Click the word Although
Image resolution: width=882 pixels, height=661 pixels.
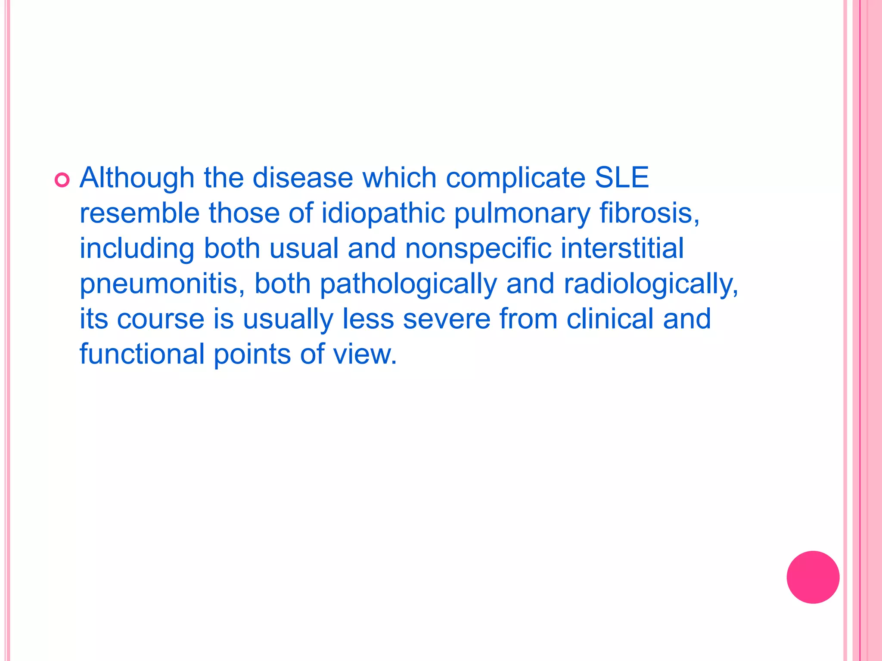click(x=137, y=178)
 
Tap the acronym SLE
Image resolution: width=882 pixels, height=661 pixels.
click(x=621, y=178)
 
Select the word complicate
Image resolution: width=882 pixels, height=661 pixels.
click(x=516, y=178)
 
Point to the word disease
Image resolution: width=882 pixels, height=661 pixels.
click(x=302, y=178)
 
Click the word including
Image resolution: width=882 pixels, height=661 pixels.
click(x=137, y=249)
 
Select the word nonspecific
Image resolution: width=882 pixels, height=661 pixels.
click(x=478, y=249)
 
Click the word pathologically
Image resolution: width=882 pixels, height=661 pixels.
click(x=408, y=284)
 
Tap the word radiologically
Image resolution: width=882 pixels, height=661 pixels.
click(x=650, y=284)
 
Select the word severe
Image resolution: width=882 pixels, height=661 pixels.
click(x=447, y=319)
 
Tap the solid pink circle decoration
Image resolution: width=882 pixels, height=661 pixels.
click(x=813, y=577)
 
